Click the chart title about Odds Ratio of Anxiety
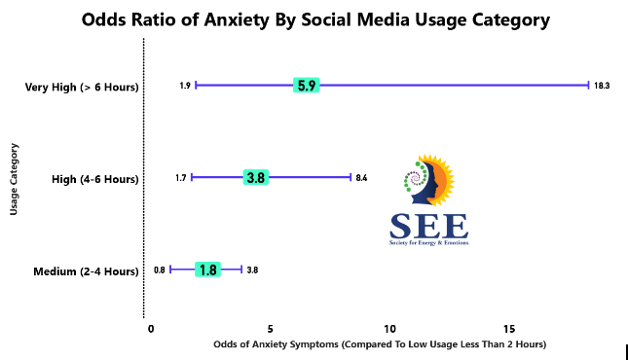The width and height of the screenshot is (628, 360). (x=315, y=19)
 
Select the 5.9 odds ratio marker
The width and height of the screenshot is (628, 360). (x=307, y=86)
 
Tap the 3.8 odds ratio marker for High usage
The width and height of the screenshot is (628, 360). (x=257, y=177)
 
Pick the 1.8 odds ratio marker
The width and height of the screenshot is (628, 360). (x=206, y=270)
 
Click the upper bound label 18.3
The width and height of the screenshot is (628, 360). (x=602, y=86)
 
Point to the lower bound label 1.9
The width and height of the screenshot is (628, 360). (x=185, y=86)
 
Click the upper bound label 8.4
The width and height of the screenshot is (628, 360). (x=361, y=177)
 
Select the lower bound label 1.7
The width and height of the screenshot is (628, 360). (x=180, y=177)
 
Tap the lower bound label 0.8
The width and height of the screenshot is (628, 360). (x=159, y=270)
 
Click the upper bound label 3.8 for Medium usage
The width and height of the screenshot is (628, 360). (x=252, y=270)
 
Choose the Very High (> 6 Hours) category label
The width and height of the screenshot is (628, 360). (x=82, y=88)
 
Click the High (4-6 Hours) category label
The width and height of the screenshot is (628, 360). (x=94, y=179)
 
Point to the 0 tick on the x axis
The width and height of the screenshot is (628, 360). (x=151, y=329)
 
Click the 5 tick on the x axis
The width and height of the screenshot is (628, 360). (x=271, y=329)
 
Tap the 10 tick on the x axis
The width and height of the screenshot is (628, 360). (x=389, y=329)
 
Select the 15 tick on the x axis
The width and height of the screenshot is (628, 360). (x=509, y=329)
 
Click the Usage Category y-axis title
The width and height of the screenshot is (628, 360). (x=14, y=178)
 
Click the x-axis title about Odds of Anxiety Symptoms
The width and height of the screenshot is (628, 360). (x=379, y=344)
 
